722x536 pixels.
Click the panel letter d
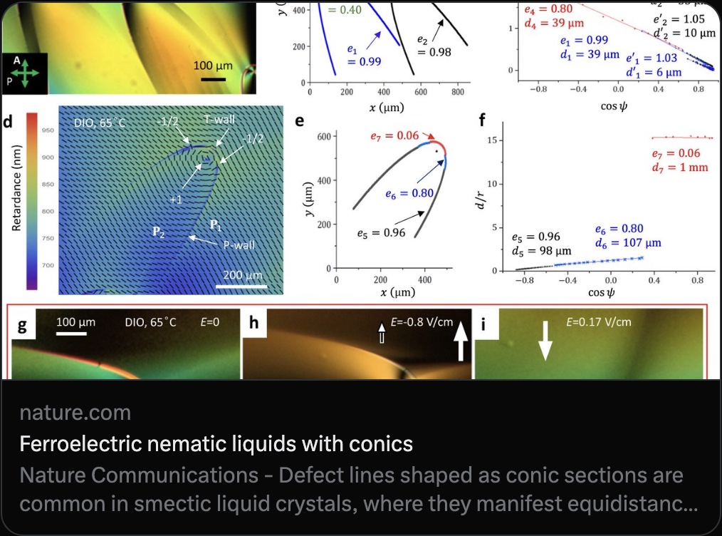click(8, 121)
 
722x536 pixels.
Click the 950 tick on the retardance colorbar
click(47, 131)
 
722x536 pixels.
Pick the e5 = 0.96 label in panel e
click(384, 232)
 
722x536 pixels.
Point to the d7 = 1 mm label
click(676, 167)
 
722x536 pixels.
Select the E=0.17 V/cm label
click(598, 321)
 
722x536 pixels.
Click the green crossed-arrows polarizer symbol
click(25, 73)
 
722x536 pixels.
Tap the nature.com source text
click(75, 412)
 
